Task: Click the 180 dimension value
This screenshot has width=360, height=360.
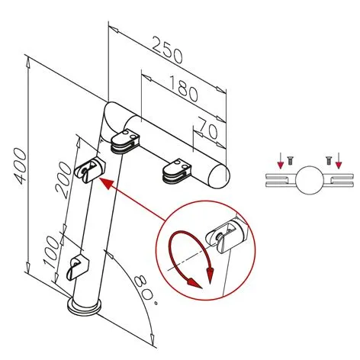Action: tap(183, 91)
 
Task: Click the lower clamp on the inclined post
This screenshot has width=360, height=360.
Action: tap(79, 268)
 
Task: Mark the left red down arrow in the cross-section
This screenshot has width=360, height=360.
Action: tap(280, 161)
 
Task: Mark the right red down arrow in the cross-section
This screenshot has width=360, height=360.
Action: tap(339, 161)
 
